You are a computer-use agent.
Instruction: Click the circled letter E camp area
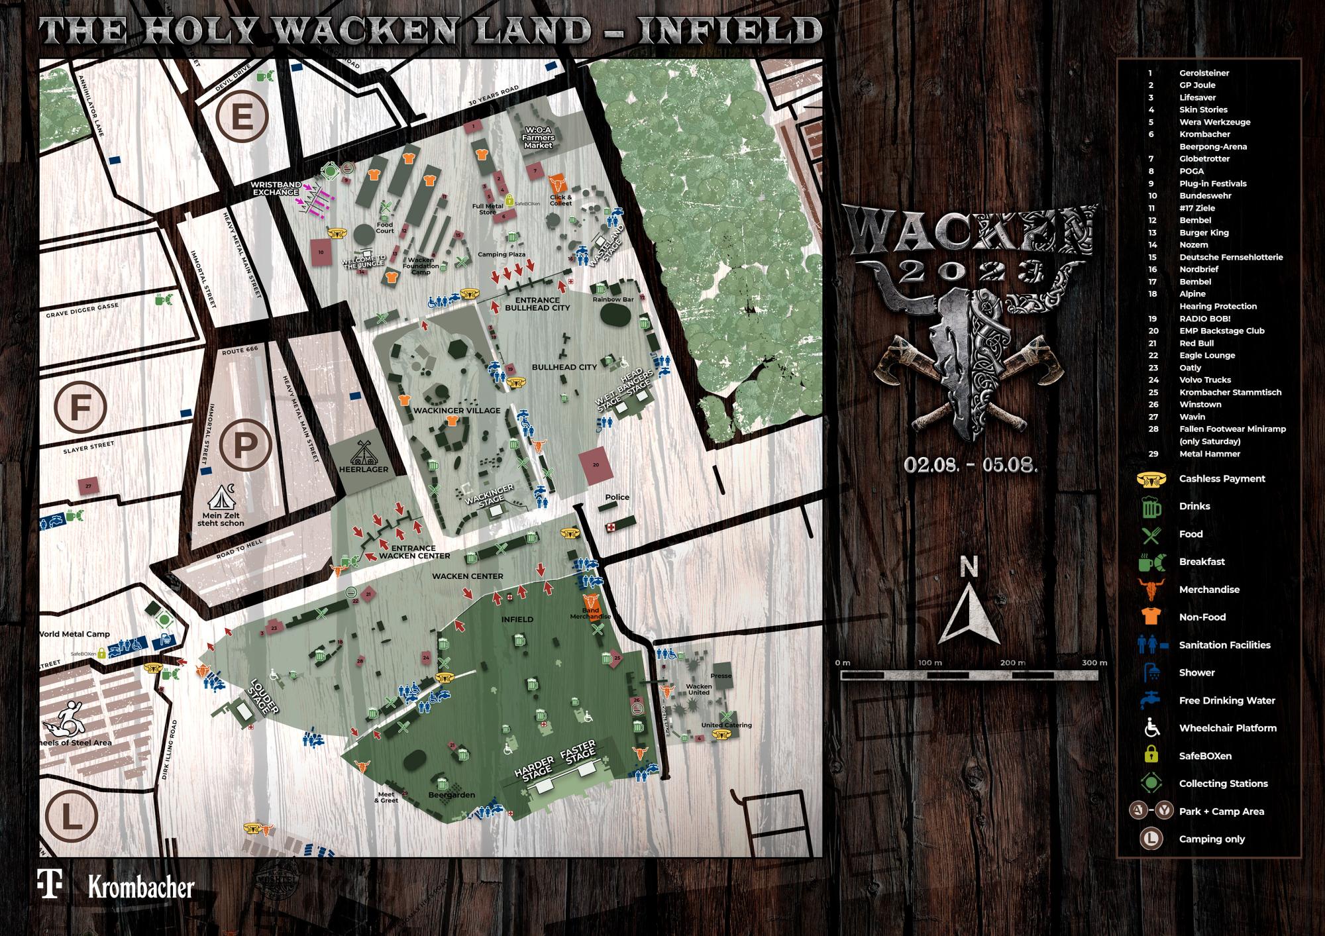pos(242,119)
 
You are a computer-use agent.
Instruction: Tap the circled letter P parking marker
pos(244,445)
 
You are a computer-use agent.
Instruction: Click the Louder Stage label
pos(265,698)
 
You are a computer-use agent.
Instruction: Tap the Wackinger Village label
pos(456,411)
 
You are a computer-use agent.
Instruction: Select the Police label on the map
pos(617,497)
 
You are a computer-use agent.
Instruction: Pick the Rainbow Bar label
pos(613,299)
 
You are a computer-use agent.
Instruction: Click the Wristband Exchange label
pos(276,188)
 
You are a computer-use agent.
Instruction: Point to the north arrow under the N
pos(969,613)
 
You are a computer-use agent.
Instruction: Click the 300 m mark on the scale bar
pos(1094,663)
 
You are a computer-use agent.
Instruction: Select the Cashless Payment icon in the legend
pos(1151,479)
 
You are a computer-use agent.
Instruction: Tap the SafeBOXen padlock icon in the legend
pos(1151,755)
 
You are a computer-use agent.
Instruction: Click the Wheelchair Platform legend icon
pos(1151,728)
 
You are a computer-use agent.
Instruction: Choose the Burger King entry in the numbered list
pos(1204,233)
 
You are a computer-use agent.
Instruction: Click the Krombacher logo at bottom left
pos(141,888)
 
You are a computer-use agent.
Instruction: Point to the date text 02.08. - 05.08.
pos(971,464)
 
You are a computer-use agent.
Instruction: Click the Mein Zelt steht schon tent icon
pos(222,496)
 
